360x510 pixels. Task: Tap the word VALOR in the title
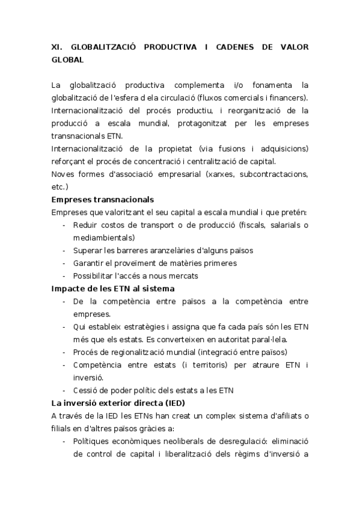coord(294,46)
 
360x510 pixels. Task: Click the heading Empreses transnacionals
coord(103,199)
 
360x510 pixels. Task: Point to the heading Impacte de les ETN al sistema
coord(113,289)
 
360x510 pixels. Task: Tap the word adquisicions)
coord(278,149)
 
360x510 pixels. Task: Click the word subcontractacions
coord(269,174)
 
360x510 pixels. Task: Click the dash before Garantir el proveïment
coord(64,263)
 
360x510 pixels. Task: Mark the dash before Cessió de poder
coord(64,390)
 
